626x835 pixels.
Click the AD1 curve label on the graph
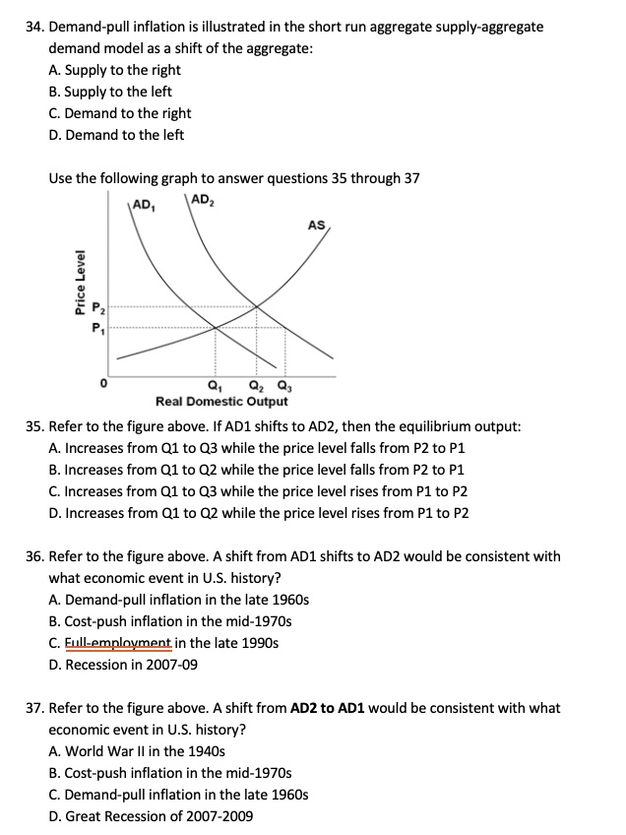tap(144, 208)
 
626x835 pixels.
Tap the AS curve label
tap(316, 225)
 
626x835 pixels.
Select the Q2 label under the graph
tap(256, 385)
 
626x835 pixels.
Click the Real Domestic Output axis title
tap(221, 402)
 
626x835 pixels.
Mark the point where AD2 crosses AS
tap(258, 307)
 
